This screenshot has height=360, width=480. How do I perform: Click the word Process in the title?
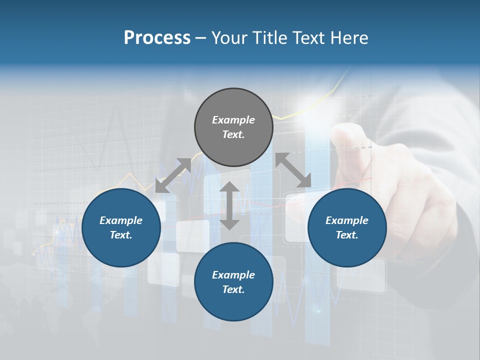(x=157, y=38)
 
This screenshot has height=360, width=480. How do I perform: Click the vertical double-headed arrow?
(x=229, y=205)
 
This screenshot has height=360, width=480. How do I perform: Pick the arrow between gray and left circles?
(x=173, y=175)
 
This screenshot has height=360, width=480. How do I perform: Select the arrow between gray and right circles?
(x=293, y=170)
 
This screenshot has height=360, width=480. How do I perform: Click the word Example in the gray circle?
(x=233, y=120)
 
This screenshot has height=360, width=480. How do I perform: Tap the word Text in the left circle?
(x=121, y=235)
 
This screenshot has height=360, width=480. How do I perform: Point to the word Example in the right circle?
(x=347, y=220)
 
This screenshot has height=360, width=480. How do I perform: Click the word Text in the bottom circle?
(x=233, y=289)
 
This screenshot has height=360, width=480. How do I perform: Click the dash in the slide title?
(x=201, y=38)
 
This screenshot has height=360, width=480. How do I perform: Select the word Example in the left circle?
(x=121, y=220)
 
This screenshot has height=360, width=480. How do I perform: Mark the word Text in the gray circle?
(x=233, y=134)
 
